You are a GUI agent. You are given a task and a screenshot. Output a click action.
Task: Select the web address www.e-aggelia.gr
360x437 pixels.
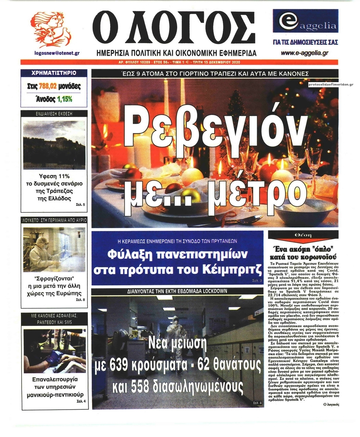(x=305, y=53)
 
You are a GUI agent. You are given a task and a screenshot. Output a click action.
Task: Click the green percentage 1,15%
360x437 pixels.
(x=65, y=99)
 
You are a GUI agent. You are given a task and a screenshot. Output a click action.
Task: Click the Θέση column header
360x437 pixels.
(x=303, y=235)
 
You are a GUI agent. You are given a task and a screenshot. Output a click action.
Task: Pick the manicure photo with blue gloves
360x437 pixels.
(x=54, y=351)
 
